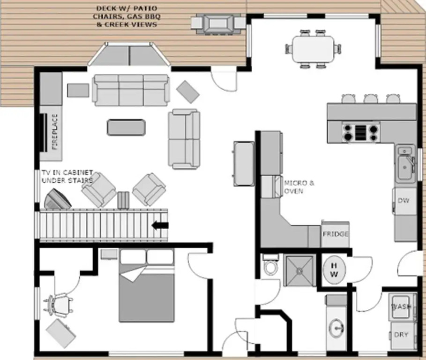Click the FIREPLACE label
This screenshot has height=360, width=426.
[x=55, y=132]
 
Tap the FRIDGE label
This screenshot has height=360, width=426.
[x=335, y=234]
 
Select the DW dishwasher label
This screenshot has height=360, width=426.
[x=404, y=201]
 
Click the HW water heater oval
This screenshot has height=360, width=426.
[x=334, y=270]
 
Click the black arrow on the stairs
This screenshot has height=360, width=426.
[x=160, y=225]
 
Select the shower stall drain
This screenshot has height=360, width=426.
[x=299, y=271]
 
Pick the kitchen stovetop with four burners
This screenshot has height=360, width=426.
[x=361, y=132]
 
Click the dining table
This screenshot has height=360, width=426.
[x=313, y=49]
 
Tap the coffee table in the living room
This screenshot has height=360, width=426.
[x=127, y=127]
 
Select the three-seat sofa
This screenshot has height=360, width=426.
[x=131, y=90]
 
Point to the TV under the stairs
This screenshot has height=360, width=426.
[x=58, y=199]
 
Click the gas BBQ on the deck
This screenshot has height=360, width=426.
[x=218, y=23]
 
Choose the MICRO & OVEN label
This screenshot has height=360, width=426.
[x=299, y=187]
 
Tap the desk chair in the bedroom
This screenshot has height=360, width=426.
[x=58, y=304]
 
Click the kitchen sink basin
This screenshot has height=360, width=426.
[x=405, y=167]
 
